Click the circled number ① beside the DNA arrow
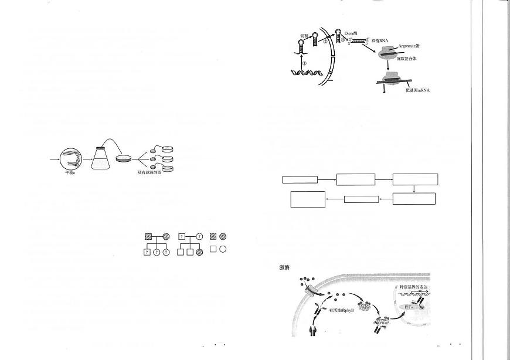click(304, 62)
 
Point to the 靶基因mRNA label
click(417, 90)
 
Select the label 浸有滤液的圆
click(150, 172)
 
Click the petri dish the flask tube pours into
click(124, 158)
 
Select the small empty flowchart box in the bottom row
click(361, 199)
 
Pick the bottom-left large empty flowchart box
click(308, 199)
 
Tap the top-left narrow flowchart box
click(300, 179)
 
